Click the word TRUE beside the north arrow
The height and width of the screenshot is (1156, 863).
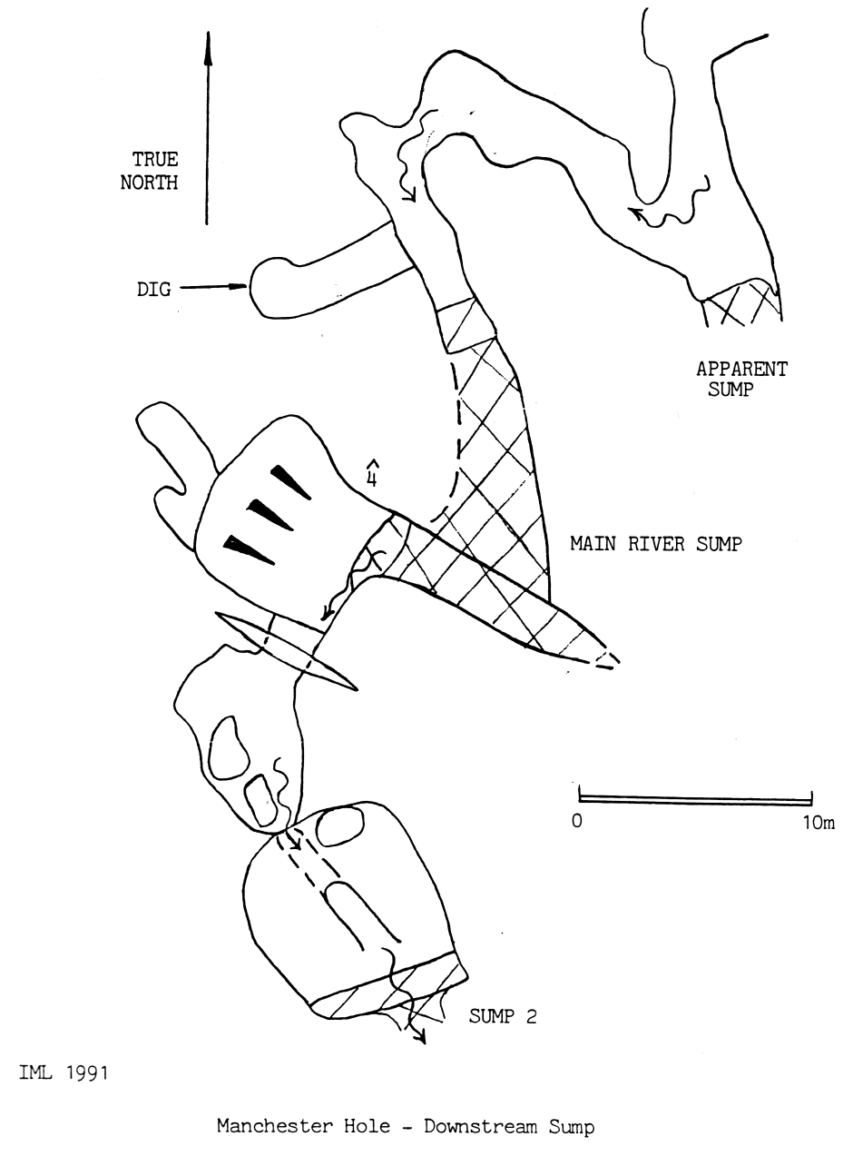[x=154, y=159]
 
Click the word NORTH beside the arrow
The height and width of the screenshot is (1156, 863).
[x=149, y=183]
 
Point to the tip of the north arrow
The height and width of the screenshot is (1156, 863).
[x=208, y=33]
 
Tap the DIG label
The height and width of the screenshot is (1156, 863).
[x=153, y=289]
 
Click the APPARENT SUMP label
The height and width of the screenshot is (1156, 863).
[x=741, y=379]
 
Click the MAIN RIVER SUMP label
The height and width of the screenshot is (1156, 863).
[x=656, y=544]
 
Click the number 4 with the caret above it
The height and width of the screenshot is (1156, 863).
[x=372, y=474]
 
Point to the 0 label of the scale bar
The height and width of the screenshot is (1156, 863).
[x=577, y=821]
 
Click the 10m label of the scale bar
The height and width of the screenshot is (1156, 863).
[x=819, y=822]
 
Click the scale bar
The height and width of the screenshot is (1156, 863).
[x=695, y=800]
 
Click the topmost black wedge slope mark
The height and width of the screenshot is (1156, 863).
[x=290, y=482]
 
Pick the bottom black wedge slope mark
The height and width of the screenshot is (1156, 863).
[x=249, y=549]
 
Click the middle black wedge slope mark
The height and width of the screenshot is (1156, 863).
[x=270, y=515]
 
